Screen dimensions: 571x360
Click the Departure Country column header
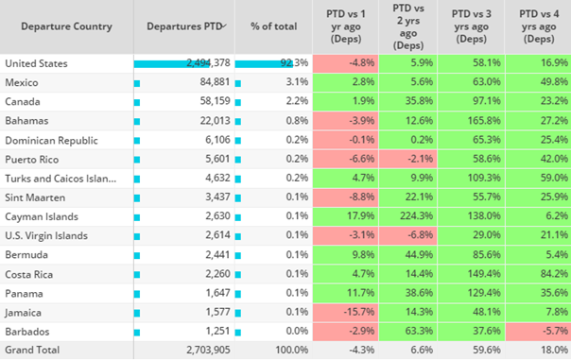pyautogui.click(x=66, y=26)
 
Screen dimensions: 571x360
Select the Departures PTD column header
pyautogui.click(x=184, y=26)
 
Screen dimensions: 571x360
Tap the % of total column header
pyautogui.click(x=273, y=26)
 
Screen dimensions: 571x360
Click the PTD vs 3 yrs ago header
pyautogui.click(x=471, y=26)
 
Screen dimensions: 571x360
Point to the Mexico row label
pyautogui.click(x=22, y=82)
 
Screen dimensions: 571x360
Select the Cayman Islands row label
pyautogui.click(x=42, y=216)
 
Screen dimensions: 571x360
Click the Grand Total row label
pyautogui.click(x=32, y=350)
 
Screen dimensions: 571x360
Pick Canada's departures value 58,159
pyautogui.click(x=215, y=101)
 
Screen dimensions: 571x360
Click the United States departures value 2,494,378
pyautogui.click(x=208, y=63)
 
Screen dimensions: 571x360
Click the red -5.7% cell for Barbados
pyautogui.click(x=555, y=331)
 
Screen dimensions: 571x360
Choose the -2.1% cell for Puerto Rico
pyautogui.click(x=421, y=159)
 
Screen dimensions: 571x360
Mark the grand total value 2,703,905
pyautogui.click(x=208, y=350)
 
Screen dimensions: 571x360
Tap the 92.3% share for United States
pyautogui.click(x=294, y=63)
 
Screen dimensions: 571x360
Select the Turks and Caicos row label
pyautogui.click(x=61, y=179)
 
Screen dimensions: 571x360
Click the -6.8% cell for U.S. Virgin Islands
pyautogui.click(x=421, y=234)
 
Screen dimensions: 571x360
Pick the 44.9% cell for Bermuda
pyautogui.click(x=419, y=254)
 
